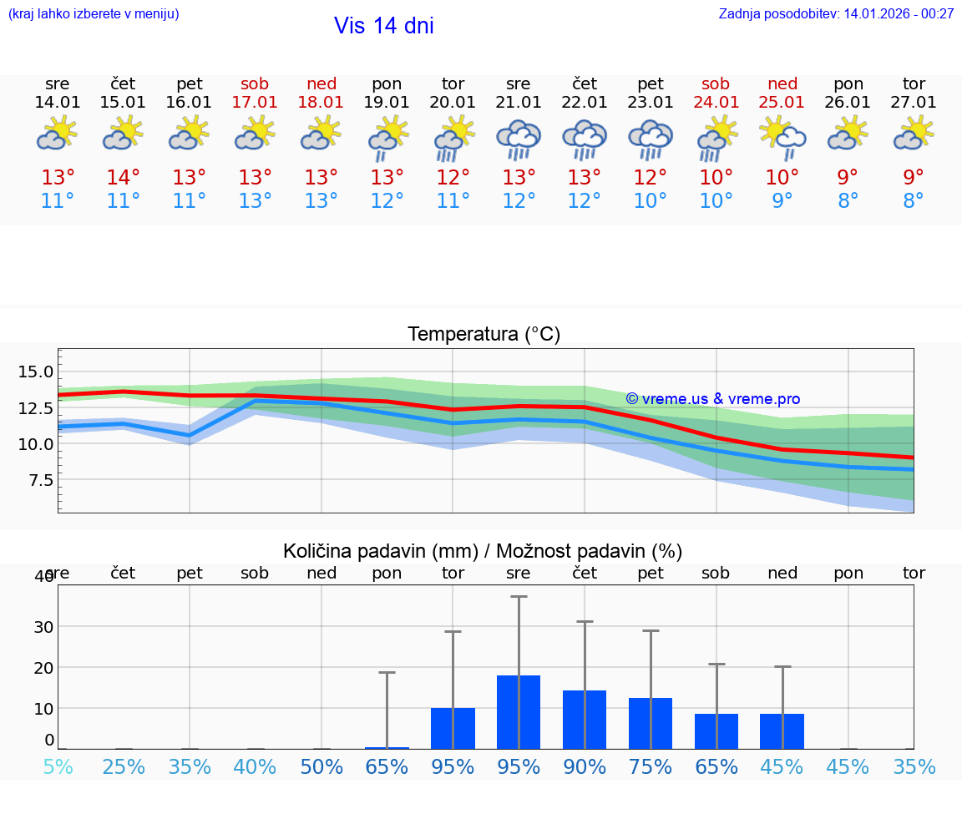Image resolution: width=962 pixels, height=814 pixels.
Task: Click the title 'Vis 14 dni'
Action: (x=383, y=26)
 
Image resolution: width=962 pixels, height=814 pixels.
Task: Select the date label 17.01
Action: (x=255, y=102)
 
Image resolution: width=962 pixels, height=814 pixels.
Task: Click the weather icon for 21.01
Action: (x=519, y=139)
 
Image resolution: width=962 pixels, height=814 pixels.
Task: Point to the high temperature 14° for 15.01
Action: (x=123, y=178)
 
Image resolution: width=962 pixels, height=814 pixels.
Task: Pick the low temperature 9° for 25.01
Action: (x=782, y=201)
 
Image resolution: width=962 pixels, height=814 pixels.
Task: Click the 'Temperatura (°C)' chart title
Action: (x=484, y=334)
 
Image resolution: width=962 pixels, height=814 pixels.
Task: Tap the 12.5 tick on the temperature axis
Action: (x=36, y=407)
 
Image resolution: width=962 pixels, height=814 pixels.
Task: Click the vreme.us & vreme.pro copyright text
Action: (x=712, y=399)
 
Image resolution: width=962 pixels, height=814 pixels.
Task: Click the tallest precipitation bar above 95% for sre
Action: (x=519, y=711)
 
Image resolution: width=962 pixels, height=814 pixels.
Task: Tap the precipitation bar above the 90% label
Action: (x=585, y=719)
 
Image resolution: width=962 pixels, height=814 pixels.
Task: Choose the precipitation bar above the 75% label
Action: (x=651, y=723)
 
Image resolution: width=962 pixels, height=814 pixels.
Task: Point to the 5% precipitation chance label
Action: (x=58, y=766)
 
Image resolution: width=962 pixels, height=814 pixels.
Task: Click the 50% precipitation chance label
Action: (x=322, y=766)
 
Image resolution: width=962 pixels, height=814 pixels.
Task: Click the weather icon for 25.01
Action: (x=782, y=139)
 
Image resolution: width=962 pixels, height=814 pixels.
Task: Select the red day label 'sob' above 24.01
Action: (x=716, y=83)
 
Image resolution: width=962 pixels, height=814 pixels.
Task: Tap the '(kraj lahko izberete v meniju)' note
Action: (x=93, y=13)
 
